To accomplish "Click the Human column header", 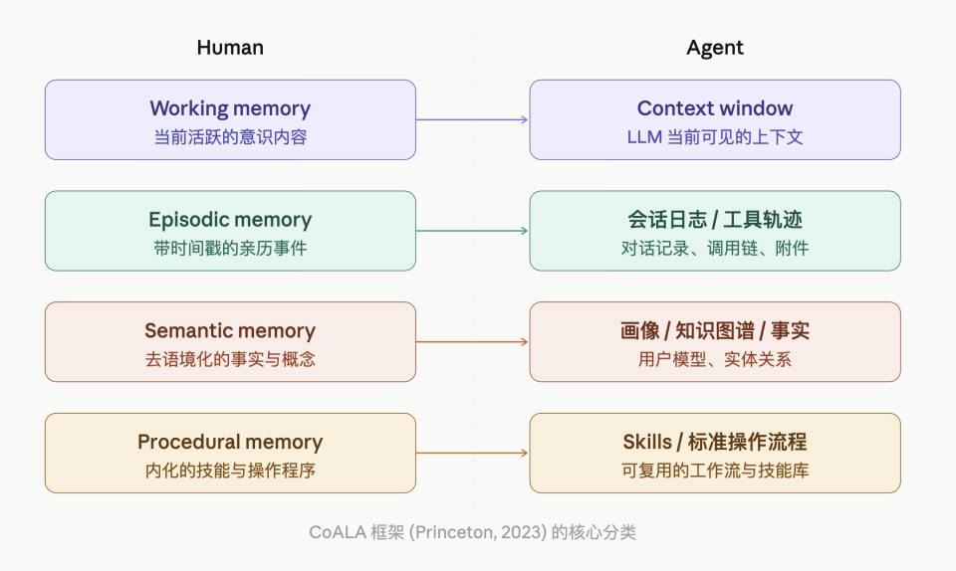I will point(230,48).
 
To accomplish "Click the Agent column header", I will point(714,48).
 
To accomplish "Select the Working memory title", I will point(230,108).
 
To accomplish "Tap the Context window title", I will point(714,108).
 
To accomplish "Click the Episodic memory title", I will point(230,220).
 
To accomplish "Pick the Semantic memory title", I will point(230,331).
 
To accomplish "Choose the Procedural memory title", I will point(230,442).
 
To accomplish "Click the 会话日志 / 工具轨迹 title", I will point(714,220).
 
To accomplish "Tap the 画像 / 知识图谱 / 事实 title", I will point(714,331).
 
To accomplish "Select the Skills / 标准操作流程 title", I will point(714,442).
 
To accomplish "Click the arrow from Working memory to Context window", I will point(472,119).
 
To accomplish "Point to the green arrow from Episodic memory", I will point(472,231).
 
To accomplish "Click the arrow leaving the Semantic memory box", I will point(472,342).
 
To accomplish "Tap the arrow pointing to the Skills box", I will point(472,453).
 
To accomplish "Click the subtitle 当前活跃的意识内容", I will point(230,137).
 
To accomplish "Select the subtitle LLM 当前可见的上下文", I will point(714,137).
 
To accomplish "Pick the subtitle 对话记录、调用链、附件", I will point(714,249).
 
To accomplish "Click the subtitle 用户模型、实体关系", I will point(714,360).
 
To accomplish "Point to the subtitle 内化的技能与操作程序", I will point(230,471).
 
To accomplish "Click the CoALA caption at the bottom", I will point(472,532).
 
